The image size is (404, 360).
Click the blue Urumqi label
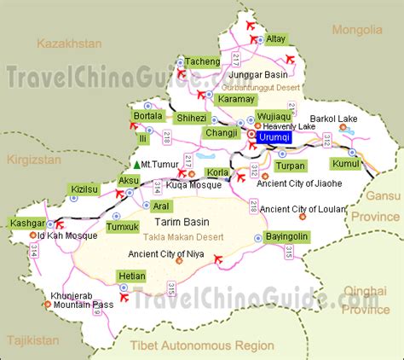274,135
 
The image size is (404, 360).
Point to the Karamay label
235,99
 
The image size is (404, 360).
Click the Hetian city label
131,276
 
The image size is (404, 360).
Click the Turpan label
290,165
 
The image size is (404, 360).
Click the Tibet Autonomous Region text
202,345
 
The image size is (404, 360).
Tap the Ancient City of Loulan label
303,208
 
